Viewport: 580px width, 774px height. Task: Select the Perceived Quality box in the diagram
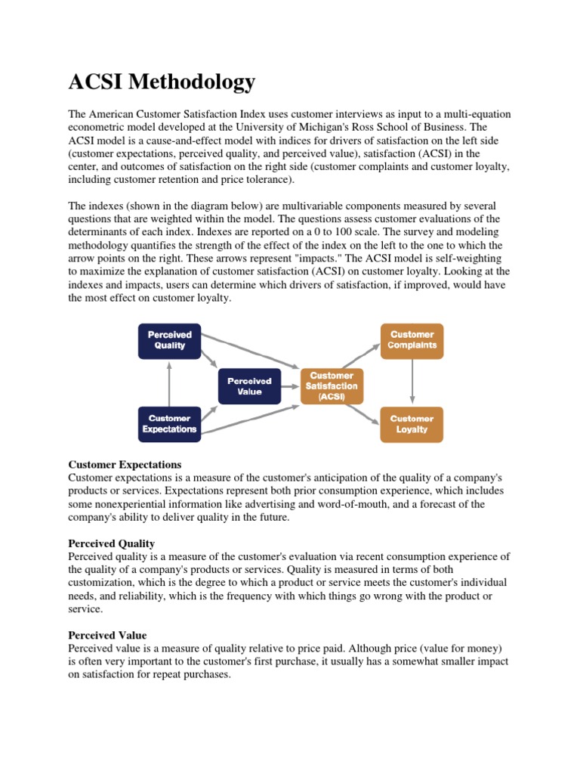click(x=169, y=340)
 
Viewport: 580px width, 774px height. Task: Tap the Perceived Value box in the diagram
click(x=249, y=386)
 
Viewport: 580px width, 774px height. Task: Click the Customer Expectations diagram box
click(x=169, y=424)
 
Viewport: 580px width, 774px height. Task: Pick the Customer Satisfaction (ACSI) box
click(x=332, y=386)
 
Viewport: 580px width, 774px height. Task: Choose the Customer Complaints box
click(x=412, y=340)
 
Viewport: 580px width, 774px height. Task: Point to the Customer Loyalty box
click(x=412, y=424)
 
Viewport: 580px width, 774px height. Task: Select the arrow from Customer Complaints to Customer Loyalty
click(x=412, y=382)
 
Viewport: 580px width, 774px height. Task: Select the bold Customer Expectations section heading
click(x=125, y=464)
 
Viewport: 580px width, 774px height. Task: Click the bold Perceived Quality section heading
click(x=112, y=543)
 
